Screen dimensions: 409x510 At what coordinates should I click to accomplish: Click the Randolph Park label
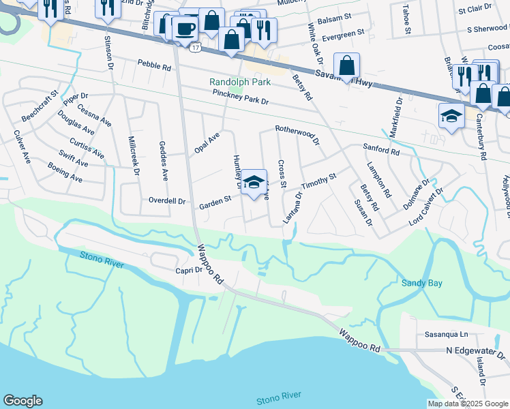240,82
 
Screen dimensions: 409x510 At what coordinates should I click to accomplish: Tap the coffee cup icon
184,28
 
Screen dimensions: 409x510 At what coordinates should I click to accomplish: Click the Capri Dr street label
189,270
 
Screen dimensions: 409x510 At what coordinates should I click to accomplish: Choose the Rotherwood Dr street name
297,133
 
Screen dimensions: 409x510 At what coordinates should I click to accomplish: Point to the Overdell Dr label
167,201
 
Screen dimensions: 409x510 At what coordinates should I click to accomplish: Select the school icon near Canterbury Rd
451,117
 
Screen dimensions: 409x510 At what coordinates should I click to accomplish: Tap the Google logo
22,401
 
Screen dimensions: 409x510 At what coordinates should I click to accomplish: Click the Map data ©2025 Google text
467,404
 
